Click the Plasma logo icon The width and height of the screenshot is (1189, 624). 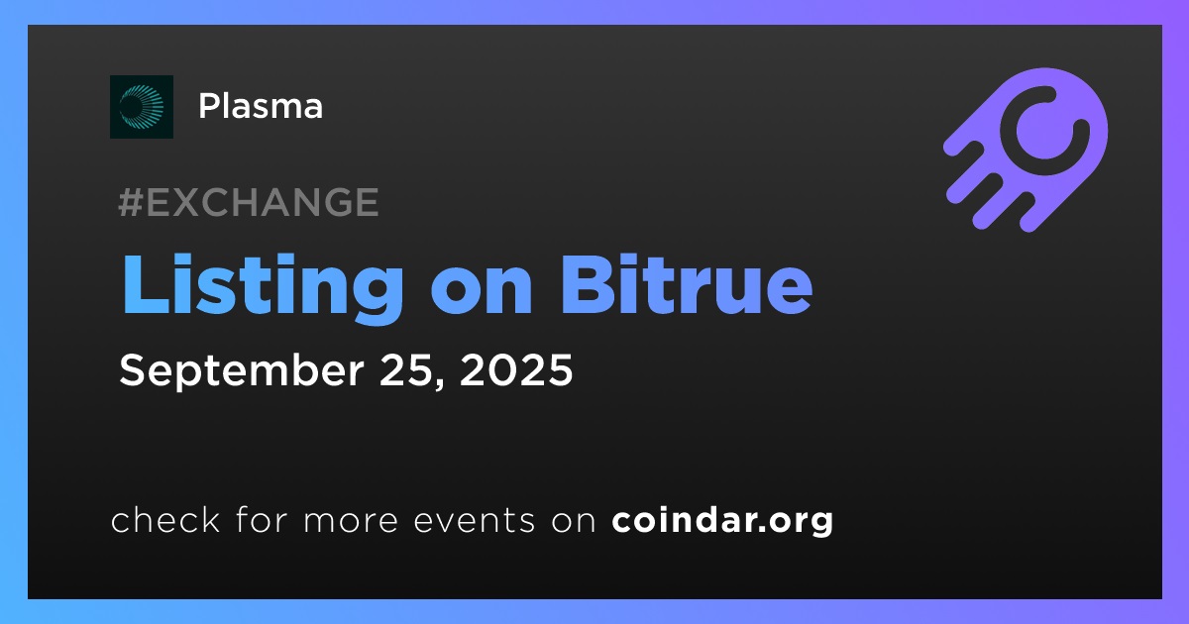[x=141, y=107]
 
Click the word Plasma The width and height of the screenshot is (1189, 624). [x=261, y=106]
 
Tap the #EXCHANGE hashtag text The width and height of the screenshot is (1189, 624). [x=249, y=202]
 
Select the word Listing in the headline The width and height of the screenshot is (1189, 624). [x=263, y=287]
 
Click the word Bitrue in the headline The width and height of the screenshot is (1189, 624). [x=686, y=284]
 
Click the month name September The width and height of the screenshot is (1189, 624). [x=242, y=370]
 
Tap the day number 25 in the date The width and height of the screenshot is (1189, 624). [x=405, y=369]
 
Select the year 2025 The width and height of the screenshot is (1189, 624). [x=516, y=369]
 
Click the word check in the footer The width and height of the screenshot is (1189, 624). [x=165, y=519]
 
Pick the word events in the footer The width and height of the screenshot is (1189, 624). [x=475, y=520]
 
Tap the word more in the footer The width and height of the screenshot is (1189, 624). [x=351, y=521]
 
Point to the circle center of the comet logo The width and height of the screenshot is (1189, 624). [x=1044, y=131]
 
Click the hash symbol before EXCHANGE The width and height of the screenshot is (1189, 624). [x=131, y=202]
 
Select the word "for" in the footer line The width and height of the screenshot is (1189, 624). [x=262, y=519]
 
